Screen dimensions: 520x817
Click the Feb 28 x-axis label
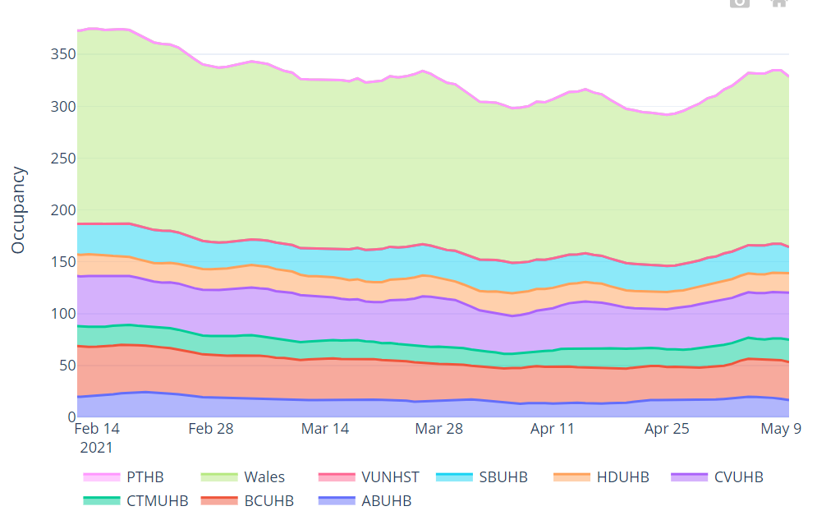[x=211, y=429]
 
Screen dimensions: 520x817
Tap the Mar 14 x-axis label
[x=325, y=429]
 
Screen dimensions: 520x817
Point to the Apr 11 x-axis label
[x=552, y=429]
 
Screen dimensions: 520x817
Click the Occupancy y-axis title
[x=19, y=210]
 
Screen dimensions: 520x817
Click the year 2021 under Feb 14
[x=96, y=448]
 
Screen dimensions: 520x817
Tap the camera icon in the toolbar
[x=740, y=2]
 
